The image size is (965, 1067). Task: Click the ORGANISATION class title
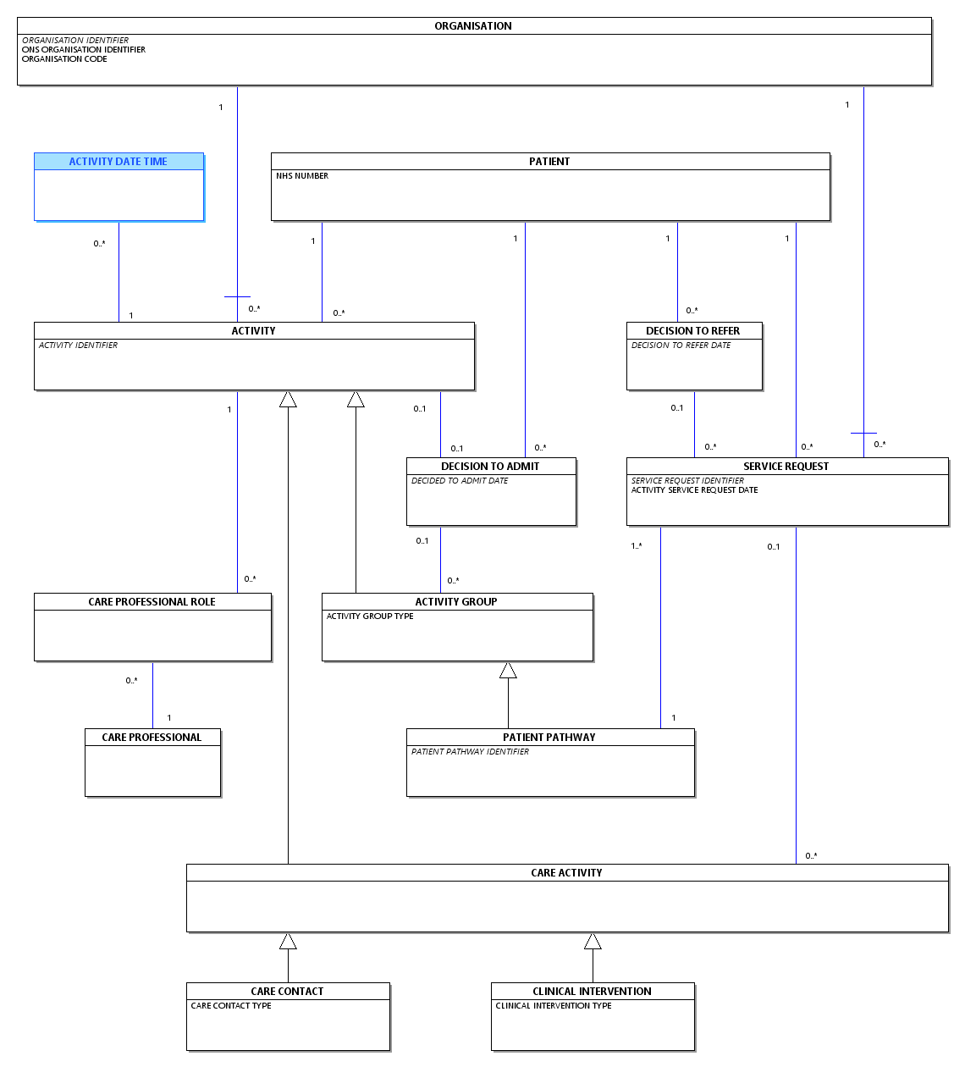472,26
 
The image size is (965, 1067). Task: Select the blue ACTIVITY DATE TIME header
119,162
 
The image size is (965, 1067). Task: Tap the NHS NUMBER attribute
302,176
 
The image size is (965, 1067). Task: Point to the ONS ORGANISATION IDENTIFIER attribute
84,49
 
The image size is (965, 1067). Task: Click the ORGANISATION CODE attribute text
64,59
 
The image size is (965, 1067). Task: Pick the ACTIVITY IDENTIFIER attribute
78,346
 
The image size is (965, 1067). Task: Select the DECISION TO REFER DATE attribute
681,346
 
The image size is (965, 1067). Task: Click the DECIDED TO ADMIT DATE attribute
460,481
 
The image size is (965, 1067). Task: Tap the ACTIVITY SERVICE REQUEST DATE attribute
694,490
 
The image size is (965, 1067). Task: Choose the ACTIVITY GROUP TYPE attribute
370,616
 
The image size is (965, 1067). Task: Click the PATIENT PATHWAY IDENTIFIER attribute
470,752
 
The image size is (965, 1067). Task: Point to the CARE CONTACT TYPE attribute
231,1006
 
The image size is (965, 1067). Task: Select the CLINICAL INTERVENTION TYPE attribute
554,1006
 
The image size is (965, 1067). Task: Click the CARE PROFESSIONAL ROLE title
152,602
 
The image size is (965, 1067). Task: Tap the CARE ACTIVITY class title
566,873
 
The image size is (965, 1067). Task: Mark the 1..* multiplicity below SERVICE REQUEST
637,546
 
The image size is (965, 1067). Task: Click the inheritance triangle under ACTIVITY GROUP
508,671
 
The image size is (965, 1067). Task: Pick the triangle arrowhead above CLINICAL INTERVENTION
593,942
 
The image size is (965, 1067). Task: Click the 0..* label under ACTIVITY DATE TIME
99,244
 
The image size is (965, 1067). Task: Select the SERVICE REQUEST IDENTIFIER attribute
687,481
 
